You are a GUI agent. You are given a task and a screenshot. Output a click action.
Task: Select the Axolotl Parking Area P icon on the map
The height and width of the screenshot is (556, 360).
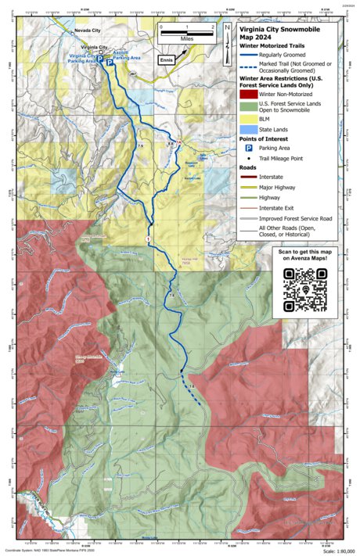[110, 67]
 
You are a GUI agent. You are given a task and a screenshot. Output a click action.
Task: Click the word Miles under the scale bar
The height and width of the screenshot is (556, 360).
[185, 36]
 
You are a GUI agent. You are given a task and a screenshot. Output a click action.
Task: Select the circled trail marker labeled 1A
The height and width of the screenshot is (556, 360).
[179, 142]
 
